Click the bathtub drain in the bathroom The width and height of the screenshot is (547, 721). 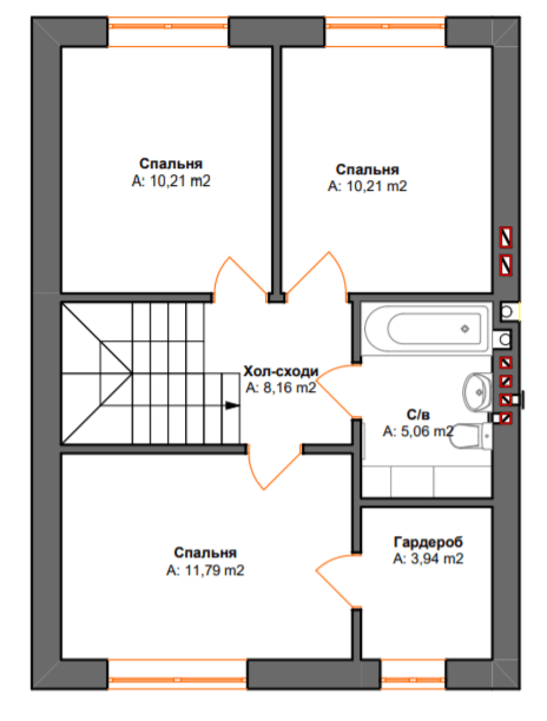(464, 328)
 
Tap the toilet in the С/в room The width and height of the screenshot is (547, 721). (470, 436)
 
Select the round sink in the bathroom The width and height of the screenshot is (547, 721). (477, 392)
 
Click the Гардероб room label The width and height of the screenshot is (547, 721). (428, 542)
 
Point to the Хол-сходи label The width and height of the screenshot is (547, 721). (281, 371)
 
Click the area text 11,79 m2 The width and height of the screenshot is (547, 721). (215, 570)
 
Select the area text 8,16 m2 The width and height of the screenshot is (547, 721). (289, 388)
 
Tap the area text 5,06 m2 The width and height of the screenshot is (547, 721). (427, 431)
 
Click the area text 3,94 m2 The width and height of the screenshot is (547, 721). (437, 559)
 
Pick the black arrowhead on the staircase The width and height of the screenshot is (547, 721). (232, 405)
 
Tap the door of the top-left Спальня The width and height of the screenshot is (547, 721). (240, 279)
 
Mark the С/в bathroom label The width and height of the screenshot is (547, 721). (418, 415)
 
